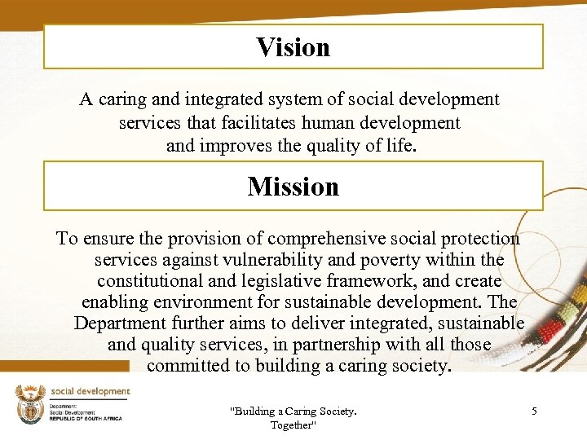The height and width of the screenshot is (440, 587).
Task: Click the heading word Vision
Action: point(293,47)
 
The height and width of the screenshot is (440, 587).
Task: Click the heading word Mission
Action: point(293,187)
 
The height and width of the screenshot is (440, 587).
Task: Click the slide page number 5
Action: point(534,411)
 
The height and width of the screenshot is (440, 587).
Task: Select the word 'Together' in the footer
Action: point(293,425)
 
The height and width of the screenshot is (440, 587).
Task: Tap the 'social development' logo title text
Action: point(90,391)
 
